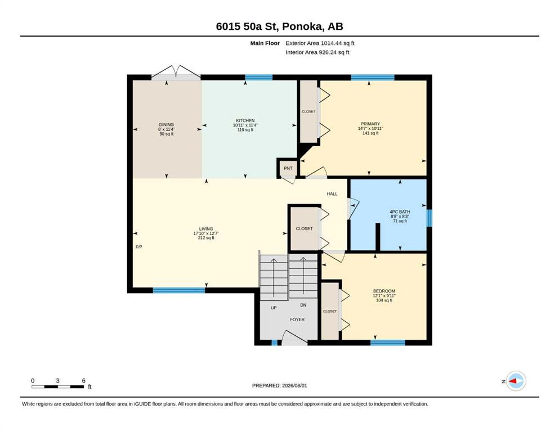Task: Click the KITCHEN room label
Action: point(245,120)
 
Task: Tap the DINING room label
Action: point(167,125)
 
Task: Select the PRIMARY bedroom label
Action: point(370,124)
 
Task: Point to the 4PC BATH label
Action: point(400,211)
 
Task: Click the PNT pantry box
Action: point(288,168)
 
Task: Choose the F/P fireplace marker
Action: point(138,247)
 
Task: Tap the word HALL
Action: point(332,193)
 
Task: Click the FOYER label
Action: point(297,319)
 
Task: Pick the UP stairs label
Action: point(274,308)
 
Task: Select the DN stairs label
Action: point(303,305)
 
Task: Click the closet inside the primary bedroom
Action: point(308,111)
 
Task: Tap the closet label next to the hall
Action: point(304,228)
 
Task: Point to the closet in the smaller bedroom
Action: point(330,311)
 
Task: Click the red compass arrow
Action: point(513,381)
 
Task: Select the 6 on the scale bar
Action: point(84,381)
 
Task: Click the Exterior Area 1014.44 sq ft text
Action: point(320,43)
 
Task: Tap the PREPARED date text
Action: point(279,385)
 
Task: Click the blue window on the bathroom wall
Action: point(430,218)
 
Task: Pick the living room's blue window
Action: point(179,290)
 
